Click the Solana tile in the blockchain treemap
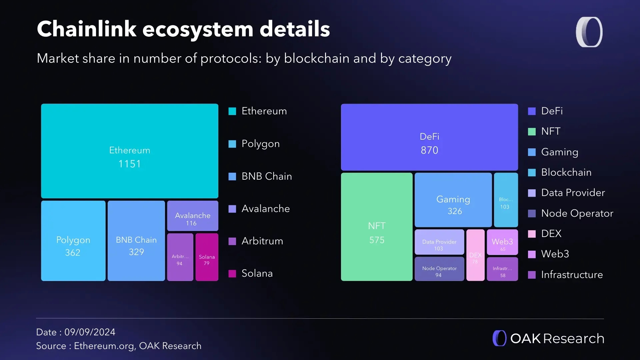207,257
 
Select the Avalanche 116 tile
193,216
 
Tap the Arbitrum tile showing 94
180,257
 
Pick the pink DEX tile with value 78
475,255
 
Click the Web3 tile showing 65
502,242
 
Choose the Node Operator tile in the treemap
439,269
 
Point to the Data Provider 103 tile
439,242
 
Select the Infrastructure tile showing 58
502,269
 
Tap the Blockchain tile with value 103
506,200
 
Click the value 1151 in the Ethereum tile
130,164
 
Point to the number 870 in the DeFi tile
429,150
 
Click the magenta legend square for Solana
232,274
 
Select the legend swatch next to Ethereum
232,111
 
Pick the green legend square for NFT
532,132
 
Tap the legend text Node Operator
577,213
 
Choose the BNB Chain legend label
267,176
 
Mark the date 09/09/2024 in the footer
90,332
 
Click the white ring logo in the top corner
589,32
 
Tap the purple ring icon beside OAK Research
499,338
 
